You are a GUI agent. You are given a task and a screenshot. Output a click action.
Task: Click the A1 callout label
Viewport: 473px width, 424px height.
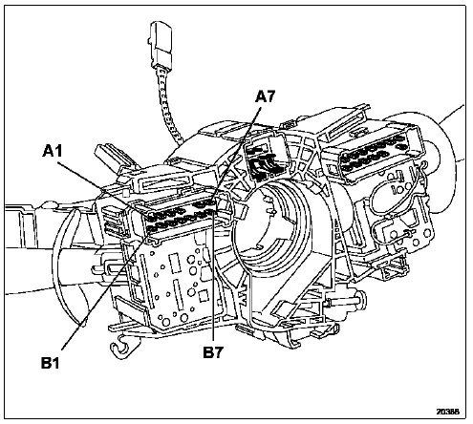coord(53,151)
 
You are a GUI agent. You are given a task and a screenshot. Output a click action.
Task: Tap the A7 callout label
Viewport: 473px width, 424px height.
coord(265,96)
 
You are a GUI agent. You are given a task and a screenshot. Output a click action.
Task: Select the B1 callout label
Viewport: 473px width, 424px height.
coord(51,363)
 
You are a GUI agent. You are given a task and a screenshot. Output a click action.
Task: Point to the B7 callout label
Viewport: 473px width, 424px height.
coord(213,352)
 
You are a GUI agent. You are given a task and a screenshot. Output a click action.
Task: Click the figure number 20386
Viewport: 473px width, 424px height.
coord(448,412)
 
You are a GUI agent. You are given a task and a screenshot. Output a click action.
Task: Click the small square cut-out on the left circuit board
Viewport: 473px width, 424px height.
coord(203,296)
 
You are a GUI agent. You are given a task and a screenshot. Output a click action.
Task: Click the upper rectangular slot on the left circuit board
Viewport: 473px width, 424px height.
coord(174,263)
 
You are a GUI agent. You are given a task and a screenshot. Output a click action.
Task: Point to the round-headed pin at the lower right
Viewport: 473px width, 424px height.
coord(362,300)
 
